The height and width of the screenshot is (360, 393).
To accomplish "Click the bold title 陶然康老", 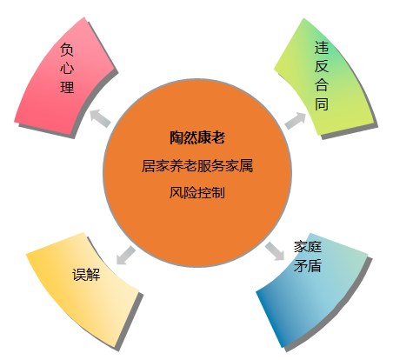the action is pyautogui.click(x=197, y=137).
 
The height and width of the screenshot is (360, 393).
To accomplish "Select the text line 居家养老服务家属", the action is pyautogui.click(x=197, y=166).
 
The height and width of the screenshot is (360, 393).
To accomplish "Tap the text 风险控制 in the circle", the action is pyautogui.click(x=197, y=192).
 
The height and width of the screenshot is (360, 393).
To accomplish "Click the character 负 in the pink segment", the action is pyautogui.click(x=67, y=50).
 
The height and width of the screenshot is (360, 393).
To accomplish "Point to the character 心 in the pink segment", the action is pyautogui.click(x=67, y=68).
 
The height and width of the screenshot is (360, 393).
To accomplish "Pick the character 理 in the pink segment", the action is pyautogui.click(x=67, y=87).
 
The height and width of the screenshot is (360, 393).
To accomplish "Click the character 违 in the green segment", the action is pyautogui.click(x=322, y=48).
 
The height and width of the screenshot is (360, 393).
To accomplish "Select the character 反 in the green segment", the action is pyautogui.click(x=322, y=66).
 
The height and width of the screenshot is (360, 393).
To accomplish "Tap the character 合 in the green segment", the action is pyautogui.click(x=322, y=85).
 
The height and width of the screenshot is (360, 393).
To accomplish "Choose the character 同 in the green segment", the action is pyautogui.click(x=322, y=103).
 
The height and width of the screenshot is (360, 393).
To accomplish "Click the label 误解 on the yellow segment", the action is pyautogui.click(x=86, y=274).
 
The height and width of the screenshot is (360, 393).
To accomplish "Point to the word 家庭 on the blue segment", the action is pyautogui.click(x=308, y=247).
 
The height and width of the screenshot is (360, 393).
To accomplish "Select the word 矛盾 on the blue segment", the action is pyautogui.click(x=308, y=265).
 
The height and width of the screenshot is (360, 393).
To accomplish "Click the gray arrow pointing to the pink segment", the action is pyautogui.click(x=100, y=117).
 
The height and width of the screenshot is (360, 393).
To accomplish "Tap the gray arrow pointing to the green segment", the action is pyautogui.click(x=296, y=120).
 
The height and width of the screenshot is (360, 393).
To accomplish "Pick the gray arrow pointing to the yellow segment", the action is pyautogui.click(x=126, y=256).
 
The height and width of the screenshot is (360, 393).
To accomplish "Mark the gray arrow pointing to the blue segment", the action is pyautogui.click(x=275, y=251).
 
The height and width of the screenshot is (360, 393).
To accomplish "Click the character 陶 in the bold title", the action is pyautogui.click(x=177, y=137).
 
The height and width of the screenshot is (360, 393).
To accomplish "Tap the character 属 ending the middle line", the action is pyautogui.click(x=246, y=166).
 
